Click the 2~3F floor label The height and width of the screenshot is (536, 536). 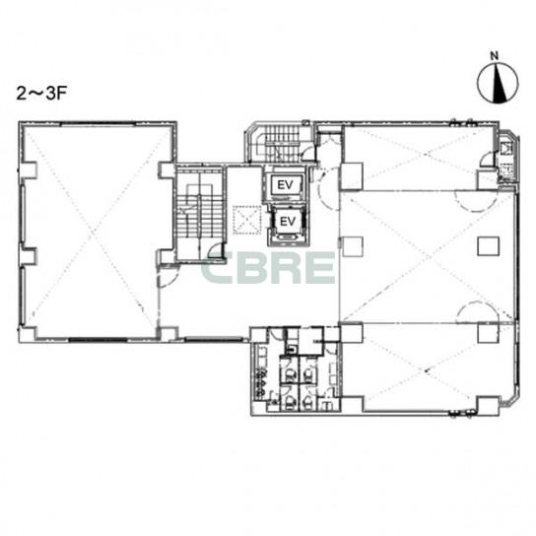(41, 94)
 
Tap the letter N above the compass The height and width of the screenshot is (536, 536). (495, 56)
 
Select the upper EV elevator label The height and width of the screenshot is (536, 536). (286, 185)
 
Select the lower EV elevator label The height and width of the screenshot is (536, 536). (288, 222)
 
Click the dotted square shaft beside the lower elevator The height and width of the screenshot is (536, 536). (246, 220)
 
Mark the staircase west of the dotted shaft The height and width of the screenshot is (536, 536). (200, 214)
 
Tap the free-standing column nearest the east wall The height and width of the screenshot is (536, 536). (488, 246)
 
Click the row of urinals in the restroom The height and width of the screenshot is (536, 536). (260, 383)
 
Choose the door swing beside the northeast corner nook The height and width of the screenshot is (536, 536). (487, 161)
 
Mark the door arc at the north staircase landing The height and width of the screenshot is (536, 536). (307, 153)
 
